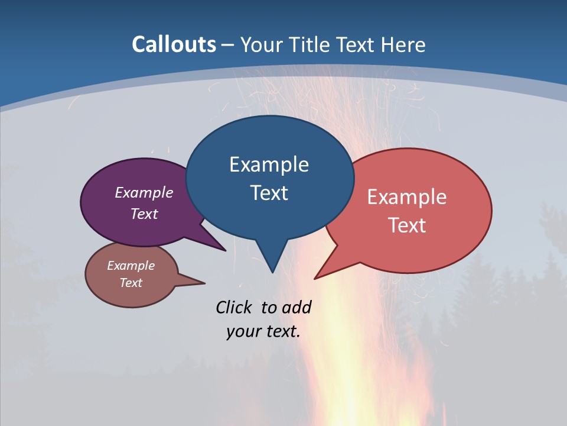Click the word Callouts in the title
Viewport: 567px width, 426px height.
click(x=174, y=44)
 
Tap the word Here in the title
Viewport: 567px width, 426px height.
click(x=404, y=44)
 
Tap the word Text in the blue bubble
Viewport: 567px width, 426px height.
click(x=269, y=192)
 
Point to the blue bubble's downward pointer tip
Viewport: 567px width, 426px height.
click(x=272, y=272)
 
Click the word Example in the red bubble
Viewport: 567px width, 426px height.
click(x=407, y=196)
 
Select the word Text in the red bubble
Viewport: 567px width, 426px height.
click(x=407, y=225)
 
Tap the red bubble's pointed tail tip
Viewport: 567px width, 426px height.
click(x=315, y=278)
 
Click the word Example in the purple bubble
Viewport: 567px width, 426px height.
click(x=144, y=192)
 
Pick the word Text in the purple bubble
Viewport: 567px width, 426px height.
click(x=144, y=214)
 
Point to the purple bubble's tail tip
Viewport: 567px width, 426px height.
click(x=225, y=250)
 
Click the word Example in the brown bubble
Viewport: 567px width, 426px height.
click(x=131, y=266)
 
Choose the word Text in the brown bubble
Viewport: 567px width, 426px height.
click(x=131, y=283)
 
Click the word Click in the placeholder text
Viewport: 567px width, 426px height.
click(x=234, y=307)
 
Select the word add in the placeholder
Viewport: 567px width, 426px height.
click(x=296, y=307)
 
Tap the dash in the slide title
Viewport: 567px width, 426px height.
click(x=228, y=45)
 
